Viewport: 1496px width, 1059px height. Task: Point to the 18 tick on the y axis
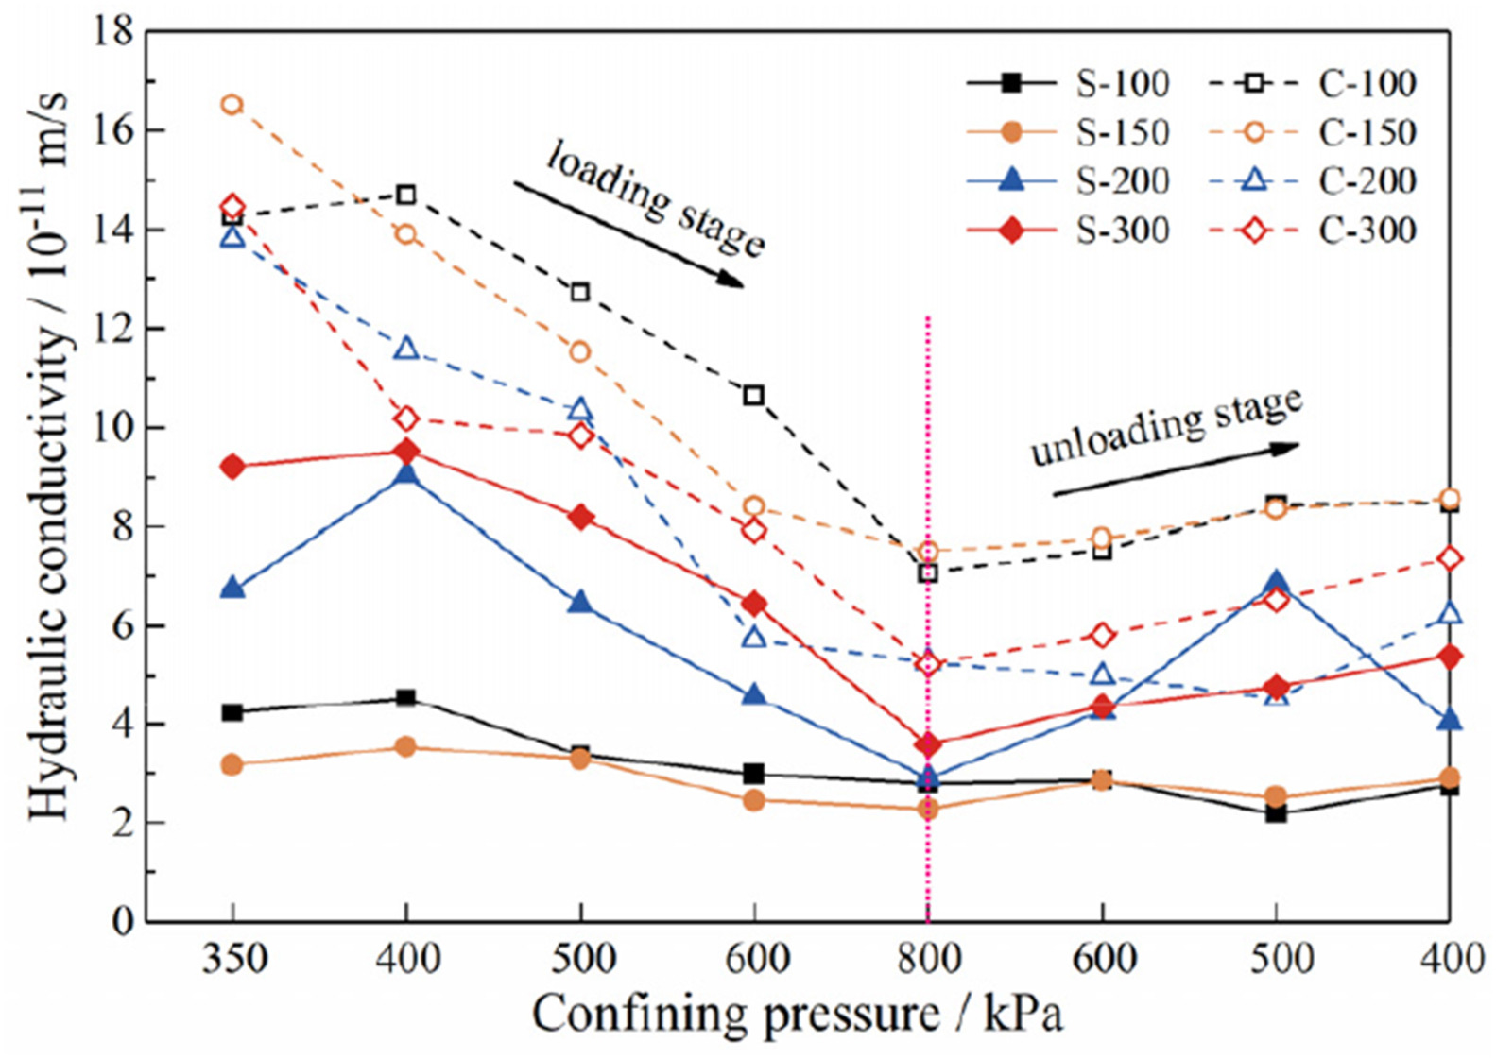click(x=112, y=32)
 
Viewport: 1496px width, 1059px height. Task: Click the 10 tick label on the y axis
click(x=112, y=428)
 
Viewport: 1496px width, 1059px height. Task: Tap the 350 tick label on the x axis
click(x=232, y=959)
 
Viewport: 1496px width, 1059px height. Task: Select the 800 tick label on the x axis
click(x=928, y=959)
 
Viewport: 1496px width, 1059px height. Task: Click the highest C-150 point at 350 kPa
click(x=232, y=105)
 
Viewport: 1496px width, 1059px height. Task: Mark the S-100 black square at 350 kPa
click(x=232, y=712)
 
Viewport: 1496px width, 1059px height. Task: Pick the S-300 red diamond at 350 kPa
click(x=232, y=466)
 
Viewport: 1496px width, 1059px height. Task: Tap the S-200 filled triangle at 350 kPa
click(x=232, y=589)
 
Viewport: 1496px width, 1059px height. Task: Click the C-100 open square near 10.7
click(x=753, y=395)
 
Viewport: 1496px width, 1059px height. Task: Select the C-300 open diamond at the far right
click(x=1450, y=559)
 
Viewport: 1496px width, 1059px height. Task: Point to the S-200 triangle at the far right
click(x=1450, y=721)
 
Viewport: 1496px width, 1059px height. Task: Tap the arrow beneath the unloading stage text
click(x=1176, y=469)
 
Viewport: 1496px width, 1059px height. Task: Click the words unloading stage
click(x=1166, y=427)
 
